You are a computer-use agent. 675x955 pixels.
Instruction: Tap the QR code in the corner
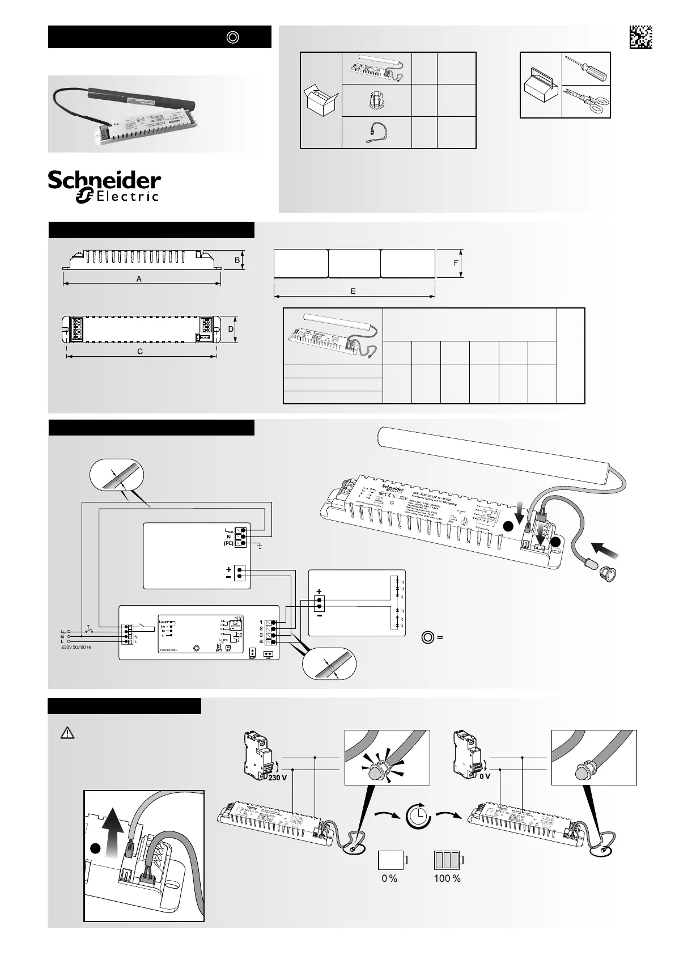640,37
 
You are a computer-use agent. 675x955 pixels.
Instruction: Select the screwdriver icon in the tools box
587,69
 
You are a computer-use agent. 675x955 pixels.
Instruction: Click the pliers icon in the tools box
587,101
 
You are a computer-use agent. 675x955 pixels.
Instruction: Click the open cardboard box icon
321,100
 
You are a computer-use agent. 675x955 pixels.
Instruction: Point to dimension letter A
139,279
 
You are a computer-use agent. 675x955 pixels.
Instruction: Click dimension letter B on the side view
237,260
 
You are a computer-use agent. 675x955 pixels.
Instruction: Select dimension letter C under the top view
140,351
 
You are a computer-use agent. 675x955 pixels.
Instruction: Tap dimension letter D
231,329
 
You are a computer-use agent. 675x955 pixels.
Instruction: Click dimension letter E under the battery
353,291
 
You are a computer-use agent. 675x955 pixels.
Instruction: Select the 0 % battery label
389,878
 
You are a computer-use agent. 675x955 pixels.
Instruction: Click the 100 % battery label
447,878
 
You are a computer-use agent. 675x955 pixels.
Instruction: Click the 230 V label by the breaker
277,777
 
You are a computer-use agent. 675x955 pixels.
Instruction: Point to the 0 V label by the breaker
485,777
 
